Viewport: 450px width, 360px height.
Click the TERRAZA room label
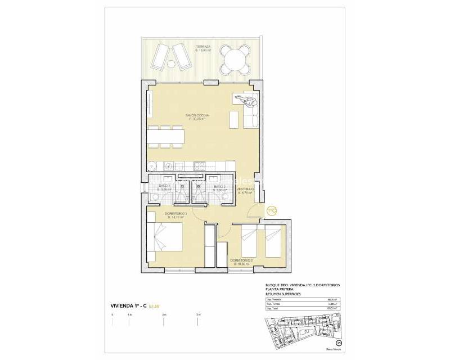203,47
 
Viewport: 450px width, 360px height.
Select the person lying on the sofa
247,101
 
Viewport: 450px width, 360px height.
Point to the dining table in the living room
167,136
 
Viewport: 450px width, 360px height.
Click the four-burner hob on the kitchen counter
199,166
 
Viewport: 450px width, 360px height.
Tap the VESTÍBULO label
245,189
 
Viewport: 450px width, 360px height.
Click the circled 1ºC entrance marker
272,210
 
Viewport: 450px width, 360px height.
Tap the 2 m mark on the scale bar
163,314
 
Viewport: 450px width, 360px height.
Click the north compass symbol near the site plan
339,343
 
